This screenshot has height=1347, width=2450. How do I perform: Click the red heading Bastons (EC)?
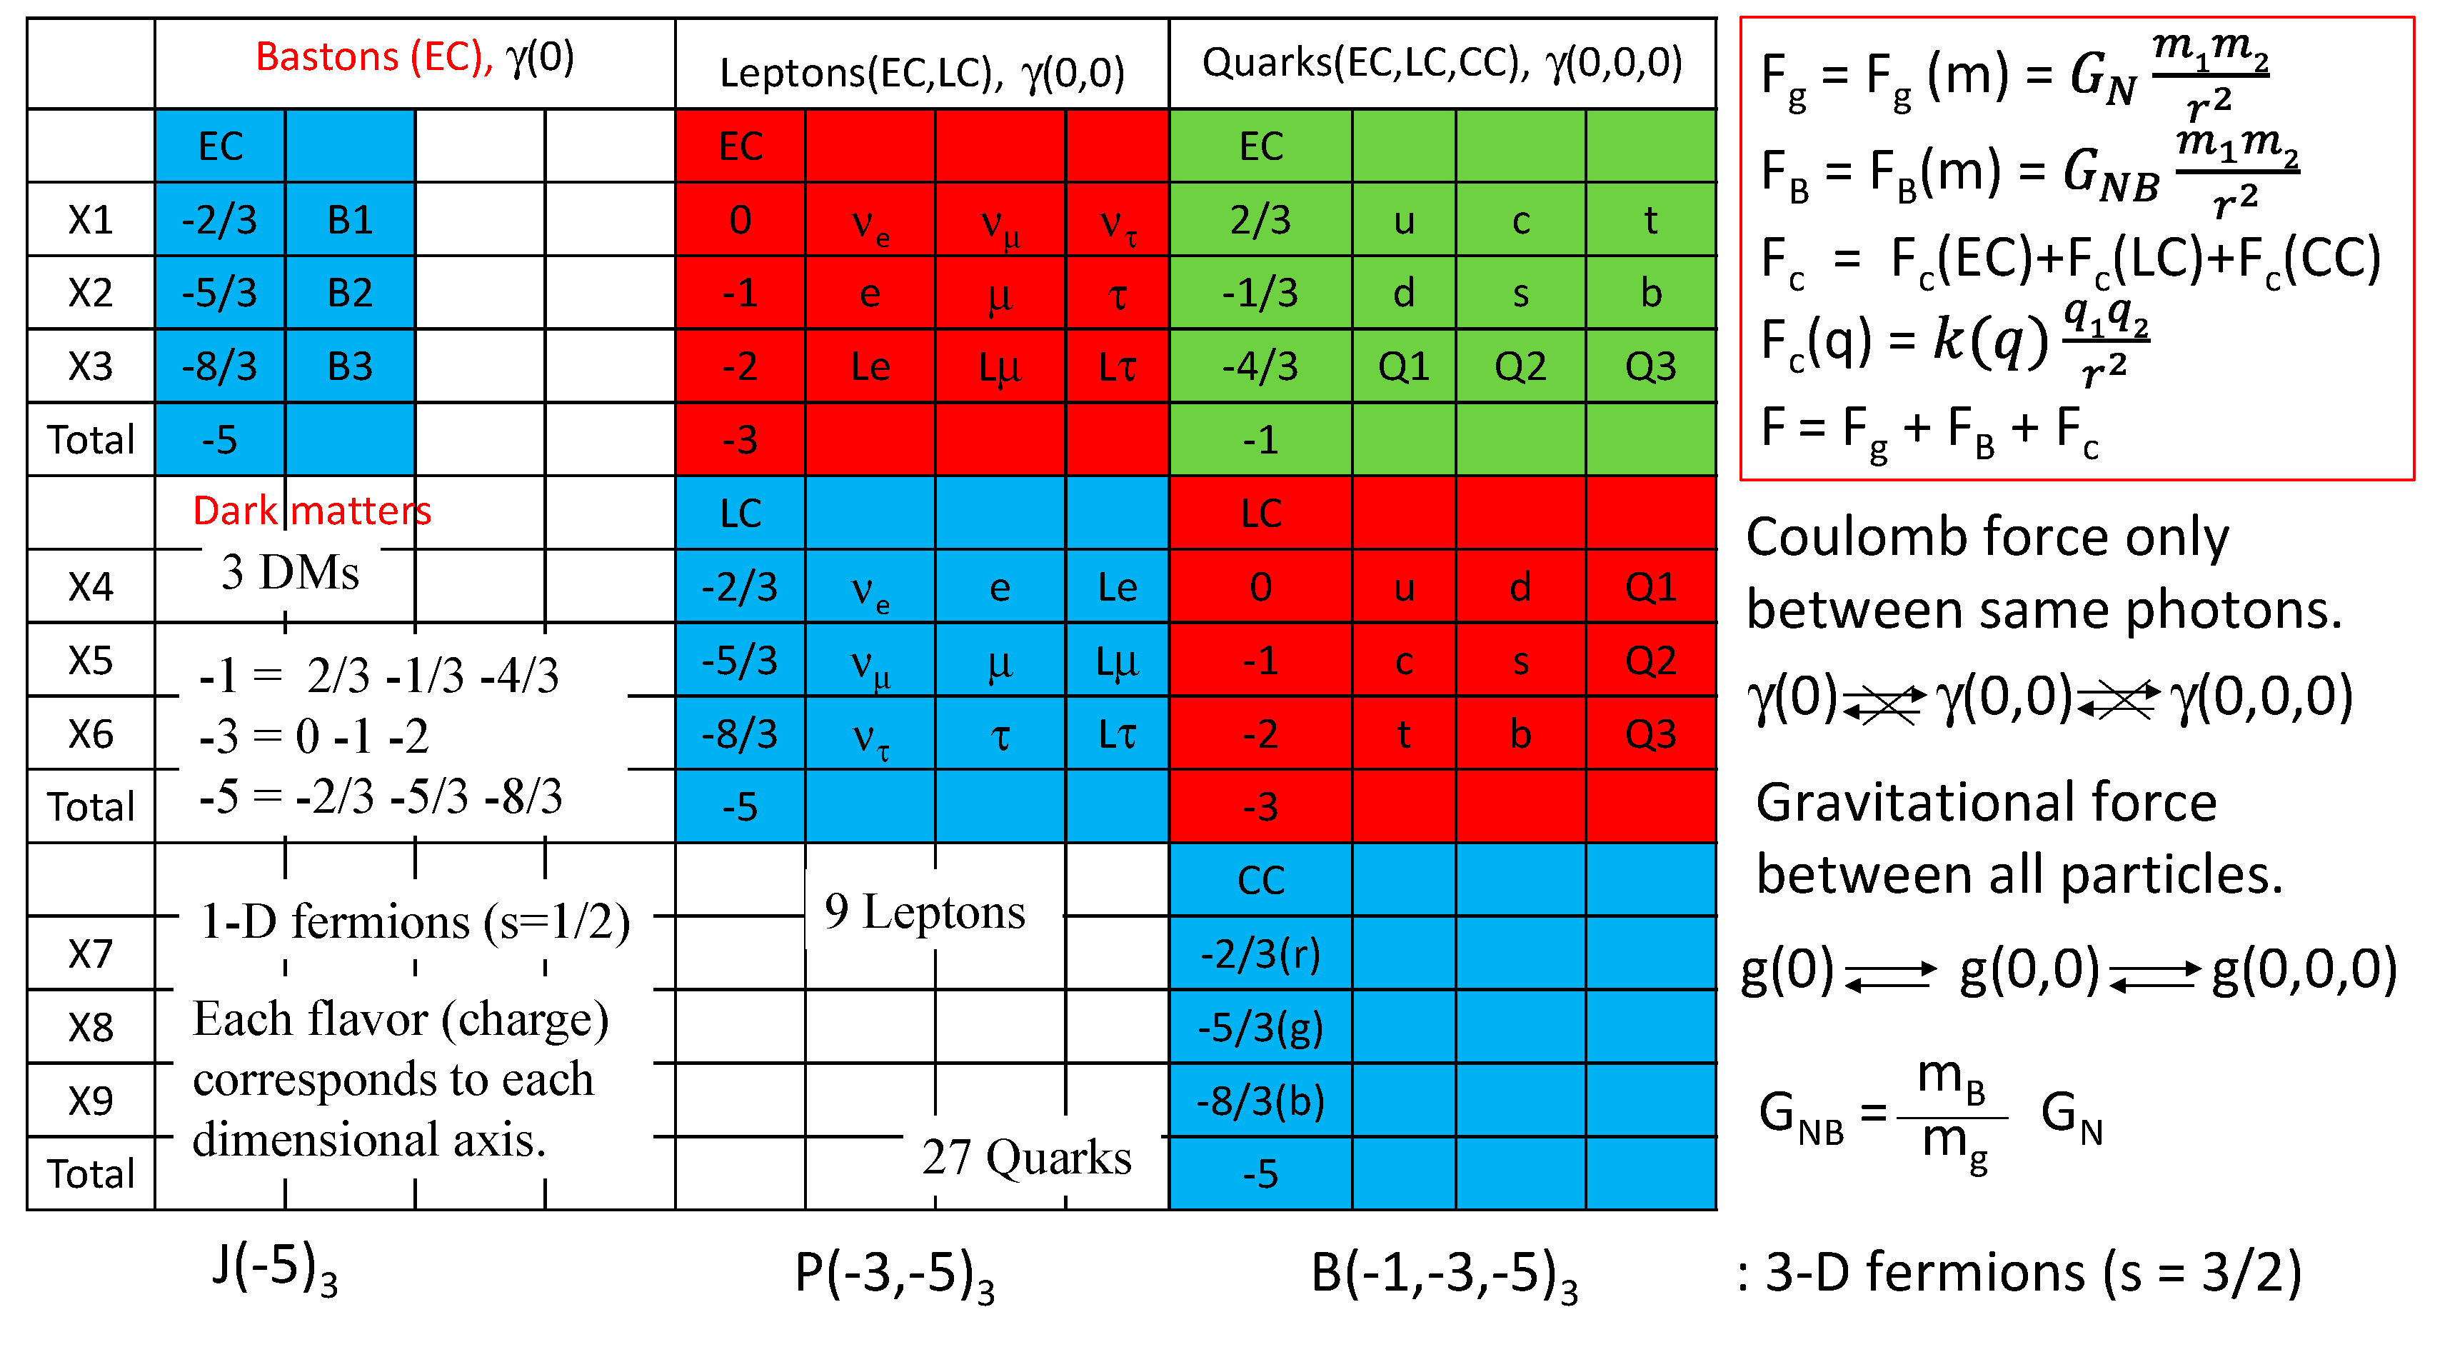tap(373, 58)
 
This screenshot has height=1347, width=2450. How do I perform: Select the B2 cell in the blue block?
tap(349, 293)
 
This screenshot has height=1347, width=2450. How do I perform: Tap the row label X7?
tap(91, 954)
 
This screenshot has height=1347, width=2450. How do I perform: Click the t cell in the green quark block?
tap(1650, 221)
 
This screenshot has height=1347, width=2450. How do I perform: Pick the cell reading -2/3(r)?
tap(1260, 954)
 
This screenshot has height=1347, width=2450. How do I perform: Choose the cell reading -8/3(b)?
tap(1260, 1101)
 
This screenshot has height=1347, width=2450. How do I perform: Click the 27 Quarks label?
tap(1026, 1158)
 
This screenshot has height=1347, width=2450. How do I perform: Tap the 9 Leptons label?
tap(925, 912)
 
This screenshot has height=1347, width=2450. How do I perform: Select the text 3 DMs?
tap(290, 573)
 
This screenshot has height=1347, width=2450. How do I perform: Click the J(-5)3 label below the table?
tap(274, 1271)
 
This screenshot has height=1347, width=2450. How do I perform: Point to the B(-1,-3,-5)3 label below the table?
tap(1444, 1275)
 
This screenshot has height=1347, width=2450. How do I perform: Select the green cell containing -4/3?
tap(1260, 367)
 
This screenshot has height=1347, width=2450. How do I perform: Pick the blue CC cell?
tap(1260, 881)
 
